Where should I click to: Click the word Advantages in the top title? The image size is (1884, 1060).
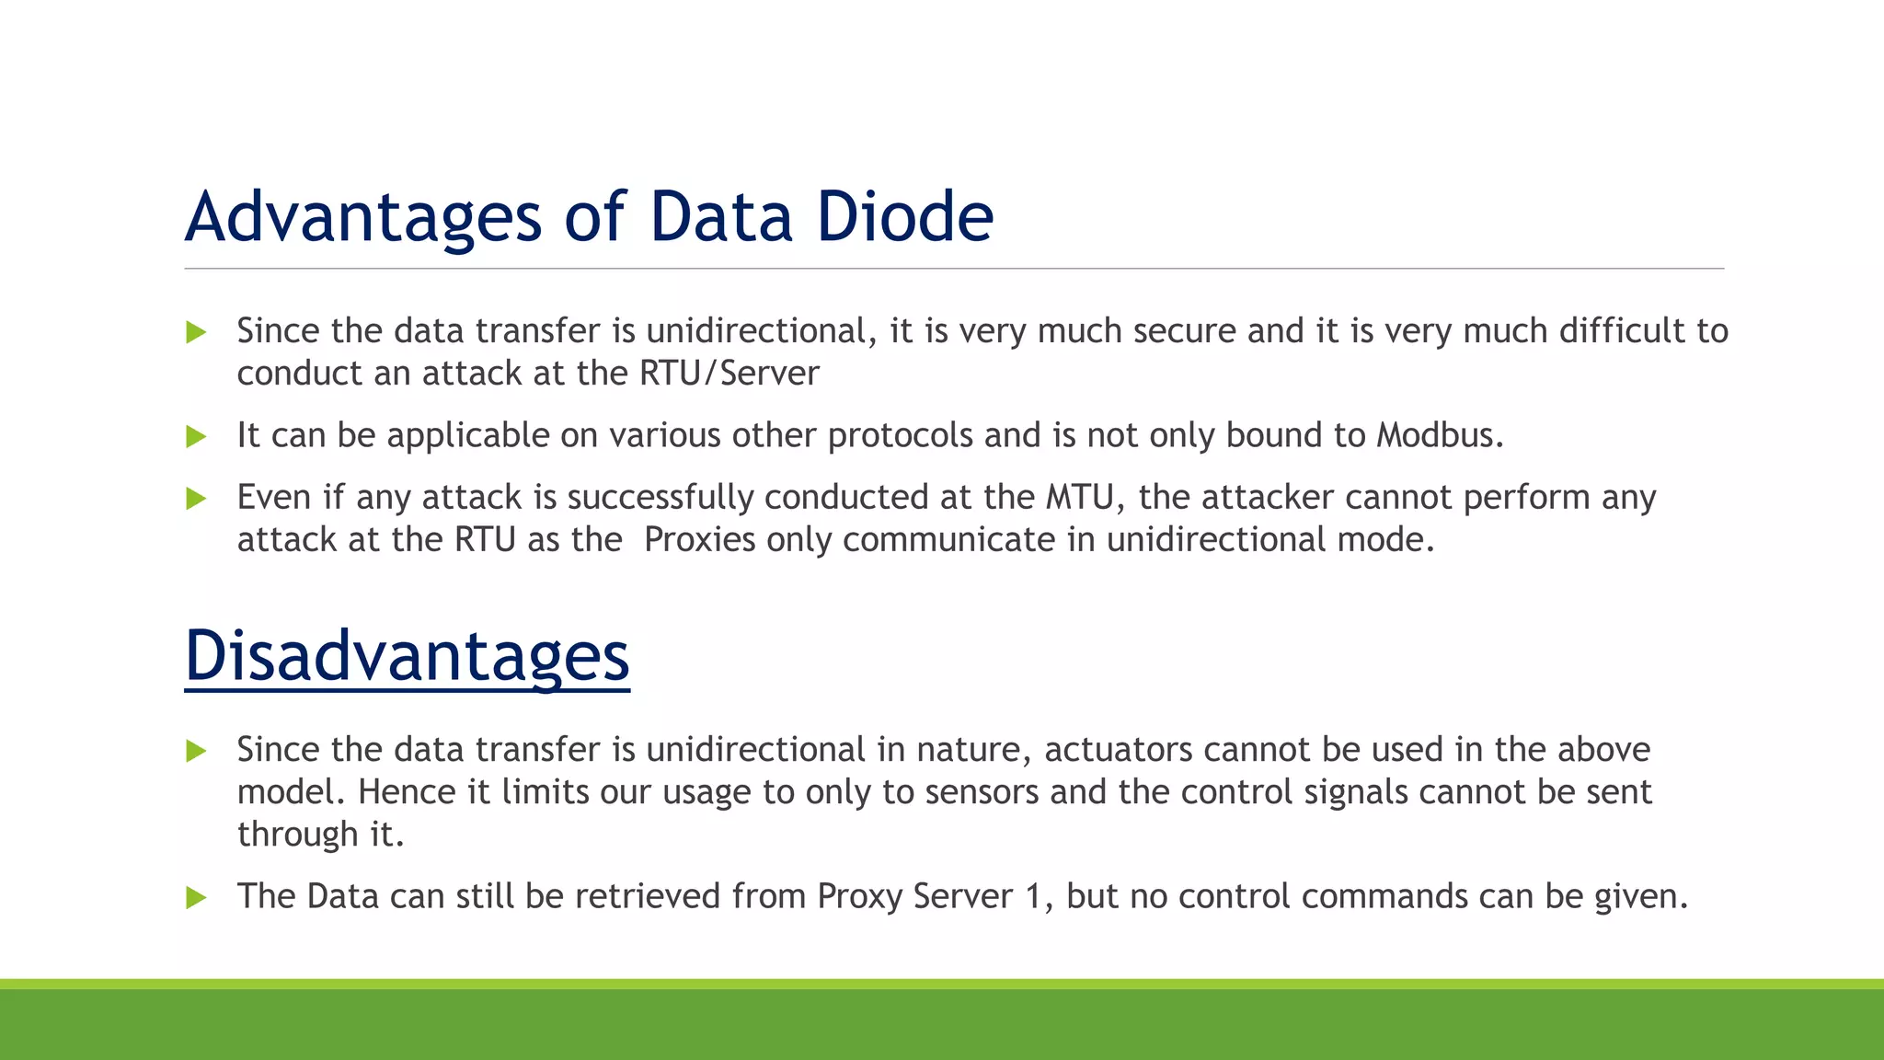pos(363,217)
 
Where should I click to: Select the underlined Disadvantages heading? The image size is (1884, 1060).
pos(407,655)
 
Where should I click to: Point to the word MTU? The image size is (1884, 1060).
pos(1079,497)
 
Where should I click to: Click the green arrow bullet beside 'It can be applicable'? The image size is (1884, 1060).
pos(196,436)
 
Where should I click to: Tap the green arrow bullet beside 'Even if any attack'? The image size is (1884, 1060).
pos(196,499)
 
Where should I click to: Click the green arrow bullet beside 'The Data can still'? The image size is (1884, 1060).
pos(196,897)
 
